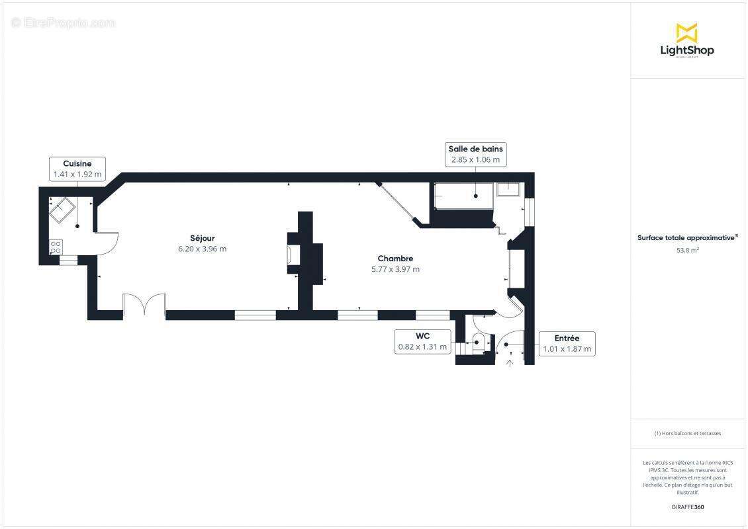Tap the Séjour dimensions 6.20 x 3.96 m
pos(202,249)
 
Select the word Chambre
pos(396,259)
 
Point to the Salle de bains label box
pos(475,154)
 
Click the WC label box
pos(422,341)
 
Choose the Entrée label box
pos(567,344)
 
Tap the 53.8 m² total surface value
pos(686,251)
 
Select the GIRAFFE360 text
pos(686,507)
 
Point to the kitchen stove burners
pos(56,247)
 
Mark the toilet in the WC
pos(481,342)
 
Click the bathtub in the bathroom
pos(463,196)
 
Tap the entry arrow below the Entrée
pos(510,362)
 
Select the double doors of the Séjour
pos(144,305)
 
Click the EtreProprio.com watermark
pos(64,23)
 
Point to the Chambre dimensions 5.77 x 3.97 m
pos(396,269)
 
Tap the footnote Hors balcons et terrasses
pos(688,434)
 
